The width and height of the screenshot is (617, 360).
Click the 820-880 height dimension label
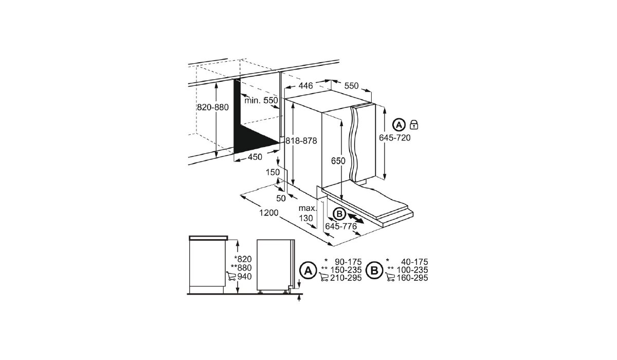coord(212,107)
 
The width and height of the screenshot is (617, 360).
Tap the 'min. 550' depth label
coord(261,100)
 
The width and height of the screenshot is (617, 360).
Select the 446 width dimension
coord(306,86)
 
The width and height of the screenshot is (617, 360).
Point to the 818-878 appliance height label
coord(301,140)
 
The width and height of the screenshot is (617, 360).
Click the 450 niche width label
coord(255,157)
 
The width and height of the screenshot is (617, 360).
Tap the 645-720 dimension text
coord(395,137)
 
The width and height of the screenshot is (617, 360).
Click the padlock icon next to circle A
coord(414,124)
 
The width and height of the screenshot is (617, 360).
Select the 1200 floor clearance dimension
coord(269,213)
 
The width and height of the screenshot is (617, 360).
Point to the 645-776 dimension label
coord(341,226)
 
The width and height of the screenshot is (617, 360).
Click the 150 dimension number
coord(273,172)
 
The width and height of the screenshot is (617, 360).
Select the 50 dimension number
coord(281,198)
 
